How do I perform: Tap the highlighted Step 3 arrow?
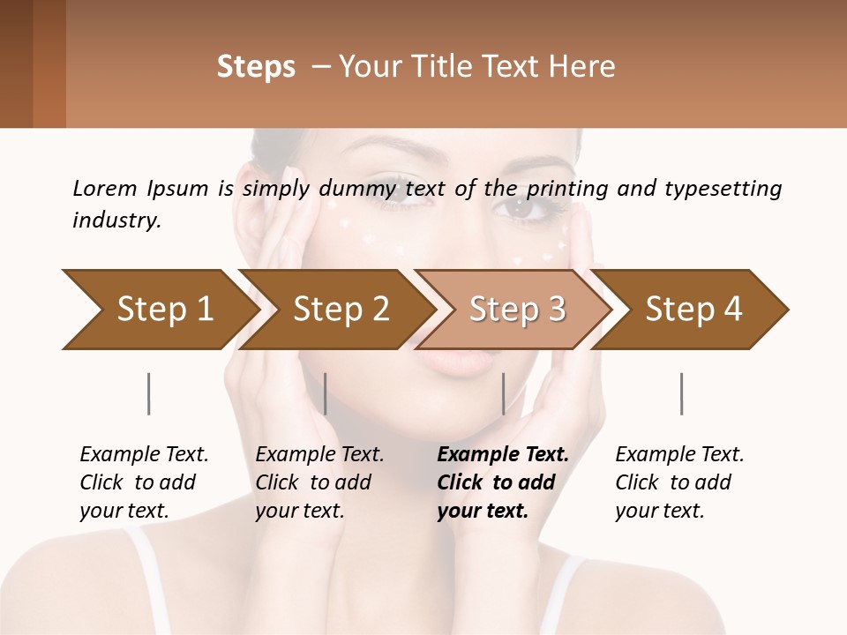pyautogui.click(x=517, y=310)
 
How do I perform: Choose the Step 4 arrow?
pyautogui.click(x=693, y=310)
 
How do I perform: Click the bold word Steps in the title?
pyautogui.click(x=256, y=67)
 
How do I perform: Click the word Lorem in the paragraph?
pyautogui.click(x=104, y=189)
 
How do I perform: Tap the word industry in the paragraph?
pyautogui.click(x=116, y=220)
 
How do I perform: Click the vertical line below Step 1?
pyautogui.click(x=148, y=393)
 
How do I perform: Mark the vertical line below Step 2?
pyautogui.click(x=326, y=393)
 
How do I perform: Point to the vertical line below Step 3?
pyautogui.click(x=503, y=393)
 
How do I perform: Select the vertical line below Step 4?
pyautogui.click(x=681, y=393)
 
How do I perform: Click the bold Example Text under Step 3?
pyautogui.click(x=503, y=455)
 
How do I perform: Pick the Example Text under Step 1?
pyautogui.click(x=144, y=455)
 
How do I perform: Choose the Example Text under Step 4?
pyautogui.click(x=679, y=455)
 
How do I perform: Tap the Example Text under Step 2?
pyautogui.click(x=319, y=455)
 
